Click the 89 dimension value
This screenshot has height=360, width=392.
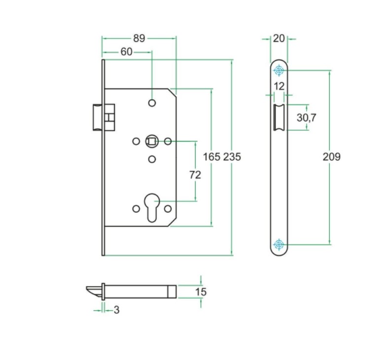(139, 38)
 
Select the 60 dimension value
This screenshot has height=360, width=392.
(126, 51)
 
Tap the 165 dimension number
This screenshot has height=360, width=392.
(212, 157)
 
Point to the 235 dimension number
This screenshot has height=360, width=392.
(232, 157)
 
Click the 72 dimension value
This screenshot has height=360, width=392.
(196, 175)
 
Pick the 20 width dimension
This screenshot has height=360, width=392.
(279, 38)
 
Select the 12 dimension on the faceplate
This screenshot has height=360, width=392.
(279, 86)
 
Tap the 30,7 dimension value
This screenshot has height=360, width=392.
(307, 117)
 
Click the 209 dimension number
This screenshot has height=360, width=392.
(331, 157)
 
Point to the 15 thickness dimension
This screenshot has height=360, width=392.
(201, 292)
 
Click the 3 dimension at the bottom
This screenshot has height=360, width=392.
(116, 310)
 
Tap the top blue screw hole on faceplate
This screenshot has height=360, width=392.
(279, 71)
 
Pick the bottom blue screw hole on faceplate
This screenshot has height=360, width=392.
(279, 244)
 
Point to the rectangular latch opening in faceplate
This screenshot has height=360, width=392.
(279, 117)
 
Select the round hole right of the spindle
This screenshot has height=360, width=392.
(168, 142)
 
